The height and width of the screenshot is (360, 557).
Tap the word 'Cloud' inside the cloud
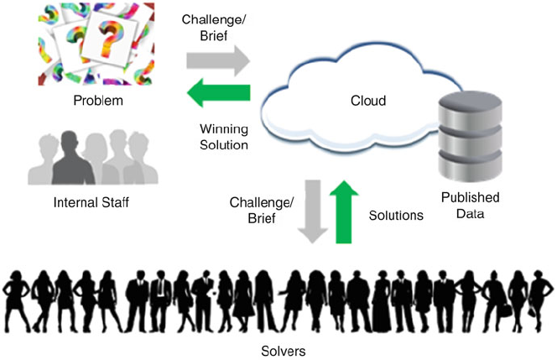coord(367,102)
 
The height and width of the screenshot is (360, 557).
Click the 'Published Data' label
coord(470,205)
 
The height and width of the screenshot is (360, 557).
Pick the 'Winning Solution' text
coord(224,137)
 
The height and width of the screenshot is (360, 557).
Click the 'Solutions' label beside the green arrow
coord(397,216)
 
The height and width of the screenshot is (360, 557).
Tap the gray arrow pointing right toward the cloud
coord(219,60)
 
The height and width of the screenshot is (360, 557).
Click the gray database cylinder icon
coord(470,138)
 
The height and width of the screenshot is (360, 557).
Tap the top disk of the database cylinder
coord(470,103)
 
